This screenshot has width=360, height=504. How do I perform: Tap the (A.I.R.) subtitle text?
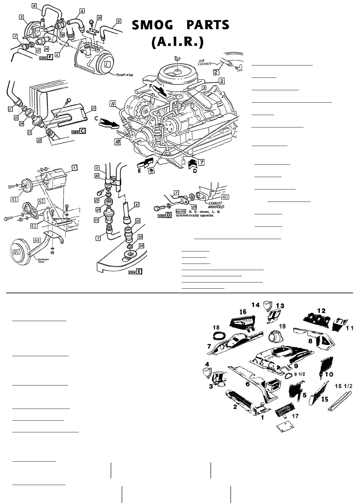(178, 42)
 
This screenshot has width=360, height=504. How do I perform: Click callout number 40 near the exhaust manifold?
(225, 197)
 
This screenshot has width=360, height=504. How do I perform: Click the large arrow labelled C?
(108, 124)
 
